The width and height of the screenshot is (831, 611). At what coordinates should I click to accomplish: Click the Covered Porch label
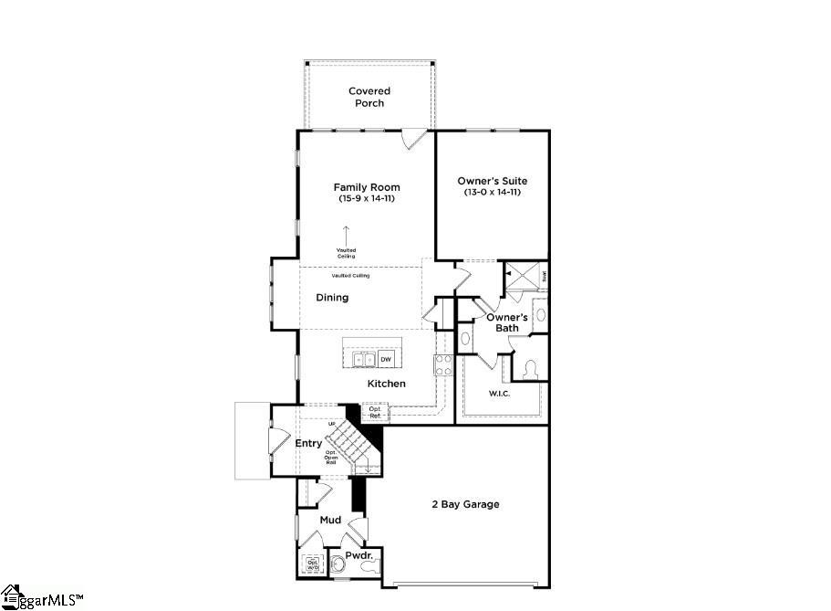tap(369, 97)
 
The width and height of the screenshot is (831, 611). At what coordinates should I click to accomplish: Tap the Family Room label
tap(367, 187)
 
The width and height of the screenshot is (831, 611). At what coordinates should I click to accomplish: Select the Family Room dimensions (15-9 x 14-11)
tap(367, 198)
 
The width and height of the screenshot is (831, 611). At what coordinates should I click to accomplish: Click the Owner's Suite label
tap(493, 181)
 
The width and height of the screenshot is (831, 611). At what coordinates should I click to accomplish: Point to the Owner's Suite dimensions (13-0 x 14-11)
tap(493, 193)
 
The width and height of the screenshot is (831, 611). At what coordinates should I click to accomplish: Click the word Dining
tap(332, 298)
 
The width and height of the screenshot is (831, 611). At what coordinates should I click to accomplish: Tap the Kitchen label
tap(387, 384)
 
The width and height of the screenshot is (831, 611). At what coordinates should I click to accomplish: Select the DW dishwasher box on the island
tap(385, 360)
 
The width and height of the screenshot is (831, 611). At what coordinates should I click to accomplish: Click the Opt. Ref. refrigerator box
tap(375, 413)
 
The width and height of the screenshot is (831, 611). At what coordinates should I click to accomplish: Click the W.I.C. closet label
tap(499, 394)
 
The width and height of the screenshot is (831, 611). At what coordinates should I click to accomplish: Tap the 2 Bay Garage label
tap(465, 504)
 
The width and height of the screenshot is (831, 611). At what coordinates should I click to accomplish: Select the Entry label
tap(308, 444)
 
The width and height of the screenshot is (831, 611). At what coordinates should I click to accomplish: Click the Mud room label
tap(330, 521)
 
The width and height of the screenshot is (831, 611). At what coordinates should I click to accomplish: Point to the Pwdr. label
tap(358, 555)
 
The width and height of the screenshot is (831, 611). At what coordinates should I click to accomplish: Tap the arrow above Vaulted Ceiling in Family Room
tap(346, 235)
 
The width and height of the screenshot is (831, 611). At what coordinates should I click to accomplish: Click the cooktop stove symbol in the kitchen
tap(444, 365)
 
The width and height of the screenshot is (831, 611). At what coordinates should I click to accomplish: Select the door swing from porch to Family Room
tap(413, 139)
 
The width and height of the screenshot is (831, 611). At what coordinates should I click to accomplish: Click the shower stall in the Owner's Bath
tap(522, 275)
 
